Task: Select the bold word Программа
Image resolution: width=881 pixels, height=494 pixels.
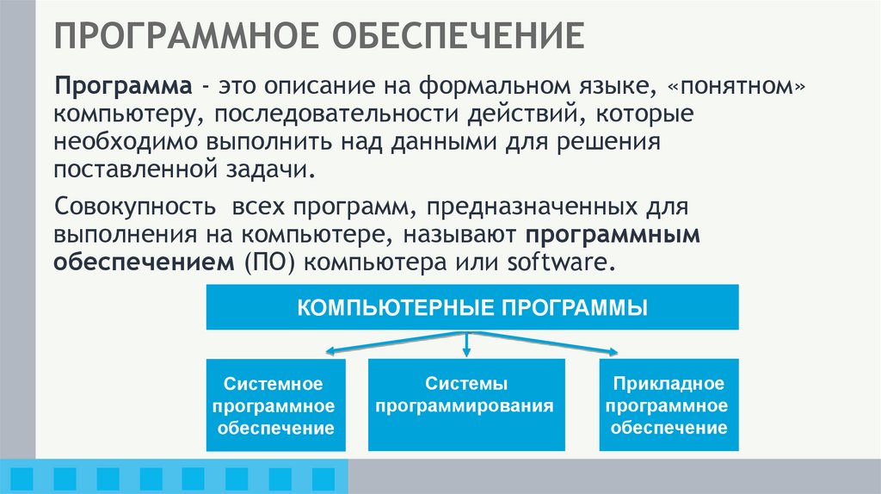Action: coord(124,87)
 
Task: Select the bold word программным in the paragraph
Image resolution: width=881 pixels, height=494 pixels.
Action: coord(613,235)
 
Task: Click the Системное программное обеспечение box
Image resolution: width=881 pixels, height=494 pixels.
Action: coord(275,404)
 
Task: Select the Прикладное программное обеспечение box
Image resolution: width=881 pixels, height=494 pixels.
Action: coord(668,404)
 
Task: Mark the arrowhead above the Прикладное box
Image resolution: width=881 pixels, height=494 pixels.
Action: coord(612,351)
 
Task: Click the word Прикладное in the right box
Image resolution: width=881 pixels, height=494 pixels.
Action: coord(668,383)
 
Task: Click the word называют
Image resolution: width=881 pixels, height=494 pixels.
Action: coord(464,235)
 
